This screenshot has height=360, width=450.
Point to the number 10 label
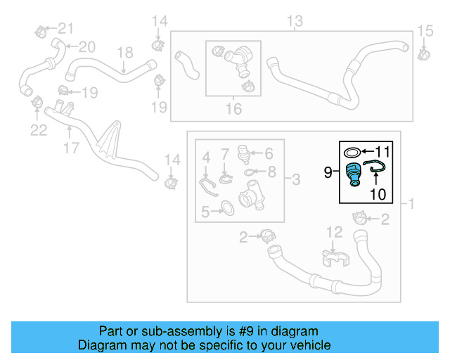pyautogui.click(x=378, y=193)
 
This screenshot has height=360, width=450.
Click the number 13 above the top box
pyautogui.click(x=293, y=19)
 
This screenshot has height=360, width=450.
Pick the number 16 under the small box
pyautogui.click(x=233, y=109)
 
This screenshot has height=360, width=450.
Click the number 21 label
pyautogui.click(x=65, y=29)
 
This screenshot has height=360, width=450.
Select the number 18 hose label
pyautogui.click(x=124, y=52)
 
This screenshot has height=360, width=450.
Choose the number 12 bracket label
pyautogui.click(x=334, y=231)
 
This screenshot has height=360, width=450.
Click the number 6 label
pyautogui.click(x=268, y=153)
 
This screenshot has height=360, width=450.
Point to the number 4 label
pyautogui.click(x=206, y=155)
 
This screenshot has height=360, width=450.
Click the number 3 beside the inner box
pyautogui.click(x=296, y=181)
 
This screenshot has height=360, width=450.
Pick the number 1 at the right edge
pyautogui.click(x=411, y=204)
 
